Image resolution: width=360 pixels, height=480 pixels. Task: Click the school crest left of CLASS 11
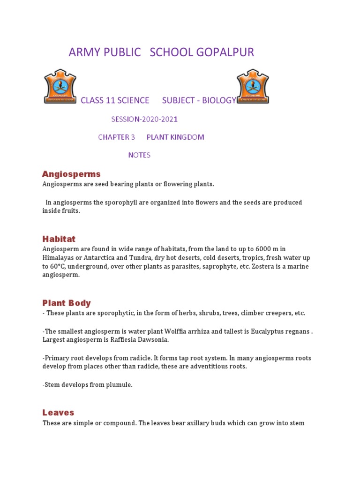click(x=60, y=86)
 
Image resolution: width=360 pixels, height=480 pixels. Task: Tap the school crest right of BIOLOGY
click(x=253, y=86)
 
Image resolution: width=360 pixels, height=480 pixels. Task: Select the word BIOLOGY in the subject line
click(x=219, y=100)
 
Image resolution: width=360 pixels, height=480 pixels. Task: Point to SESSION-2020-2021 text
click(x=144, y=119)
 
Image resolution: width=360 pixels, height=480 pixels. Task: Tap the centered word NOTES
click(x=139, y=155)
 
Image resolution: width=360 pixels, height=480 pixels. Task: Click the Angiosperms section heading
click(x=71, y=174)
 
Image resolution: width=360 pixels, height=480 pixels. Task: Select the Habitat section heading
click(x=59, y=239)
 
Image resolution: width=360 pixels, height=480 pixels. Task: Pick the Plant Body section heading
click(x=67, y=303)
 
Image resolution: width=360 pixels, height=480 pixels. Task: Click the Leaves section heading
click(x=58, y=412)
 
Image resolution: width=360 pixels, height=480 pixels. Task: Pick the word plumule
click(x=120, y=385)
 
